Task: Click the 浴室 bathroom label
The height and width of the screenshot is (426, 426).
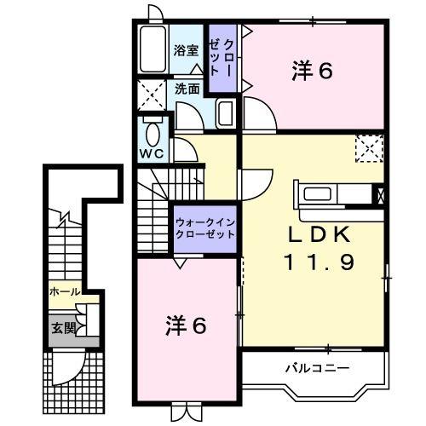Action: [187, 50]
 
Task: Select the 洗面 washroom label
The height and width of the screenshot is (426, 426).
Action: [188, 88]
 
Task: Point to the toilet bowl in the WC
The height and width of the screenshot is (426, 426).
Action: [153, 134]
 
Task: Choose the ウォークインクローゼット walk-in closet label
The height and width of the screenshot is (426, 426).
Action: [205, 227]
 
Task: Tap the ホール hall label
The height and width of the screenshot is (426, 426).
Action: [65, 291]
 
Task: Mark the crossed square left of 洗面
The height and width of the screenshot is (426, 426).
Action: [153, 93]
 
